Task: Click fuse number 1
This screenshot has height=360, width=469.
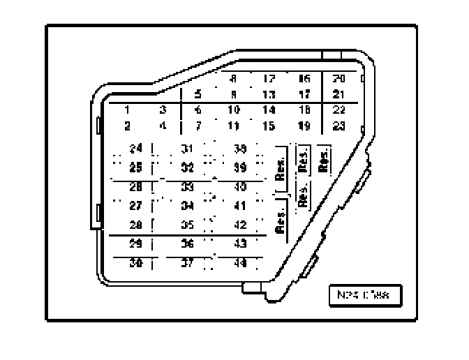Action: tap(128, 110)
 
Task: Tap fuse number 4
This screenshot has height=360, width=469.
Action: tap(163, 126)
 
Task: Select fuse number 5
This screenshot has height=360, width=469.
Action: tap(198, 94)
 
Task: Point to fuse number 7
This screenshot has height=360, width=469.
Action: tap(198, 126)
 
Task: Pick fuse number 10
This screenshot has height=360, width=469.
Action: tap(234, 110)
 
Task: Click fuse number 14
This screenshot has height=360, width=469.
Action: tap(269, 110)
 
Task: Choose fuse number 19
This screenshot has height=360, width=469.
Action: tap(304, 126)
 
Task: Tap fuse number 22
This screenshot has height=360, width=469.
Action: tap(339, 110)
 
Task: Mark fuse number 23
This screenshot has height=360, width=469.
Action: tap(339, 126)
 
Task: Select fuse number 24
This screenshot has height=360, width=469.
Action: tap(135, 149)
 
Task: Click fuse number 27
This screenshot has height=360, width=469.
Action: tap(135, 206)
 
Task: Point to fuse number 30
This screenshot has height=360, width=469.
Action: tap(135, 263)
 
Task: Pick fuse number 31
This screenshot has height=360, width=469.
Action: tap(187, 149)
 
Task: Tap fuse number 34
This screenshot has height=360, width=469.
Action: tap(187, 206)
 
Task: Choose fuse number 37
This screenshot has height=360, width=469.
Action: tap(187, 263)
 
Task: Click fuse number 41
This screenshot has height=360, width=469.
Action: tap(239, 206)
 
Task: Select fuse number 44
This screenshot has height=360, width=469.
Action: tap(239, 263)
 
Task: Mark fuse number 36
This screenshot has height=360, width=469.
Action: tap(187, 243)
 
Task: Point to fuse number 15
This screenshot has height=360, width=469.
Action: tap(269, 126)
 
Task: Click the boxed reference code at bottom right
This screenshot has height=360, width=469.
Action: tap(364, 296)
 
